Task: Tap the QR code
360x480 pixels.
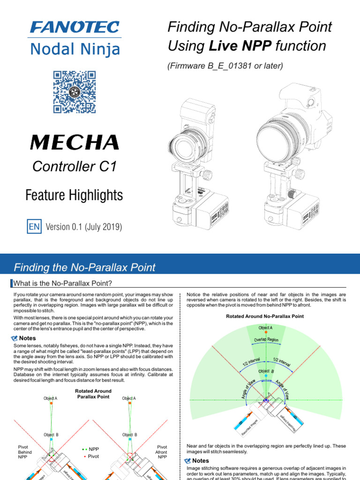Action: pyautogui.click(x=75, y=92)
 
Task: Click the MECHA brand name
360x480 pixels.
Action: pyautogui.click(x=74, y=142)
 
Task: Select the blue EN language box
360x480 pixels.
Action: pyautogui.click(x=35, y=227)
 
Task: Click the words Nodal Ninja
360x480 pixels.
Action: pyautogui.click(x=75, y=49)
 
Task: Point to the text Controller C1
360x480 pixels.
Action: pyautogui.click(x=74, y=166)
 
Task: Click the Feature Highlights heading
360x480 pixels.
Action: pyautogui.click(x=74, y=195)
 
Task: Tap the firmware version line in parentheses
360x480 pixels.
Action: pyautogui.click(x=225, y=66)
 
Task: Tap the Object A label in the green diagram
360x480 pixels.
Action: pyautogui.click(x=265, y=327)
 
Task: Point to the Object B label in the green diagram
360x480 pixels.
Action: pyautogui.click(x=265, y=371)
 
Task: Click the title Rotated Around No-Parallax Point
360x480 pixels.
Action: pyautogui.click(x=265, y=316)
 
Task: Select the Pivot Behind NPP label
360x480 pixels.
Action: pyautogui.click(x=25, y=452)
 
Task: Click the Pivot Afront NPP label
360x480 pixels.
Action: pyautogui.click(x=162, y=452)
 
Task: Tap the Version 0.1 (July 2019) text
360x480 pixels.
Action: pyautogui.click(x=84, y=227)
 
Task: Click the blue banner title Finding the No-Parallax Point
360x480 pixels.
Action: pyautogui.click(x=85, y=268)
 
